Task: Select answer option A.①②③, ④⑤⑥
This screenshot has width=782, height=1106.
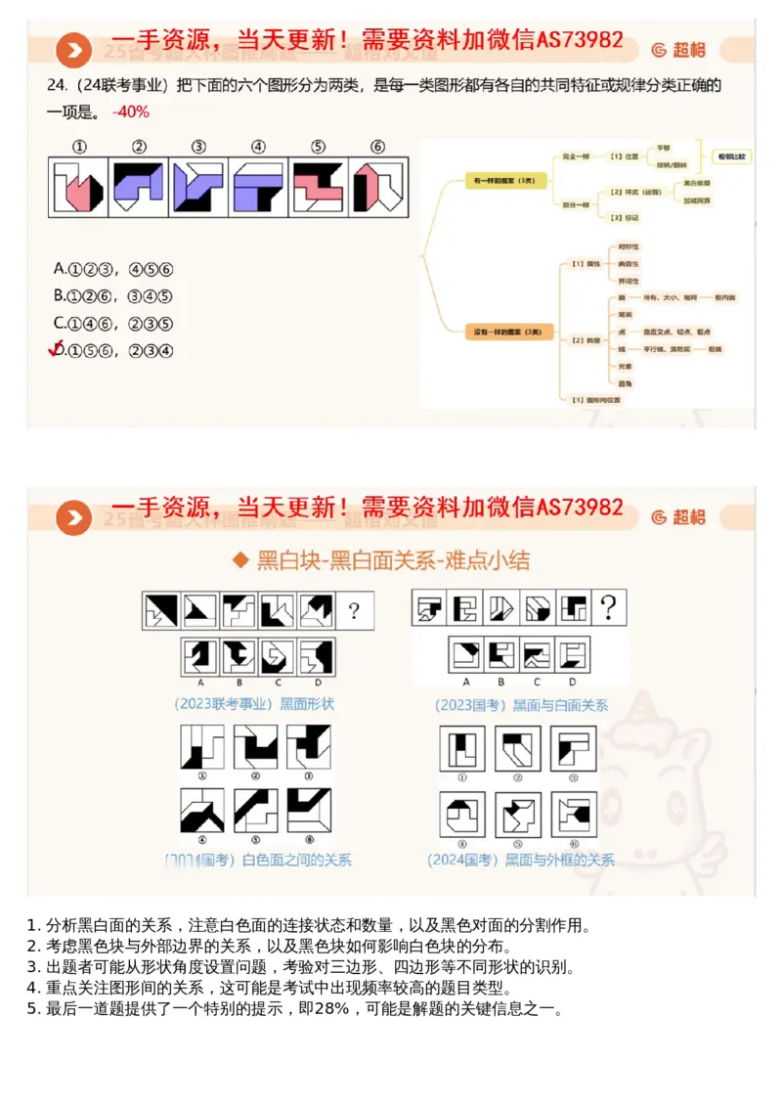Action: coord(113,268)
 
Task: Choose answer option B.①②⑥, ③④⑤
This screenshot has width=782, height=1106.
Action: coord(113,295)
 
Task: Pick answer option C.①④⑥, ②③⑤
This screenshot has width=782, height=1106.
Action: coord(113,323)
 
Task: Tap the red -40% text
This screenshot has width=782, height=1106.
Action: coord(131,111)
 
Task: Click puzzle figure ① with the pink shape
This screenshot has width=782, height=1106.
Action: coord(78,187)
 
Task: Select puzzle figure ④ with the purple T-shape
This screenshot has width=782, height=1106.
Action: coord(257,187)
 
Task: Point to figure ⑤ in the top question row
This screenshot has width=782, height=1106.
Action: coord(318,187)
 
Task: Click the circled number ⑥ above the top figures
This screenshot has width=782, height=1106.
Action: coord(377,147)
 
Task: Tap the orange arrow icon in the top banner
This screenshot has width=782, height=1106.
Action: coord(72,49)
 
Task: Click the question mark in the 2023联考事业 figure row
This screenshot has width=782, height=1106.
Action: coord(353,612)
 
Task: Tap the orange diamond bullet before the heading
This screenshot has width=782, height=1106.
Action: coord(239,560)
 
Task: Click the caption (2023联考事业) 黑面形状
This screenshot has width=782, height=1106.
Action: coord(254,703)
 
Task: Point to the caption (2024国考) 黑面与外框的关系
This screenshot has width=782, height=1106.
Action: coord(520,860)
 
